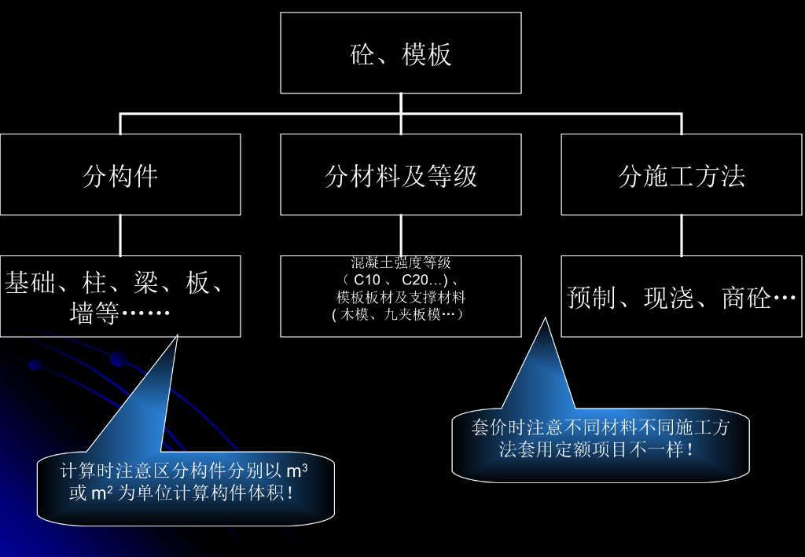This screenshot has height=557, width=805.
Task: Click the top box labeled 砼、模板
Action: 400,53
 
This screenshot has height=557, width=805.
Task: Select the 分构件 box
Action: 120,174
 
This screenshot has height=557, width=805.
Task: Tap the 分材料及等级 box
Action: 400,174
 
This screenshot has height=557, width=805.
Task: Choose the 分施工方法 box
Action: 682,174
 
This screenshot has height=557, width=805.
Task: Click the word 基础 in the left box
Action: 30,283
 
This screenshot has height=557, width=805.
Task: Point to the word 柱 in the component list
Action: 94,283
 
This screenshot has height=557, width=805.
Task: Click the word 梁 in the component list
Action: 145,283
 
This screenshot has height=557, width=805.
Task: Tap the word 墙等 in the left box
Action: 94,313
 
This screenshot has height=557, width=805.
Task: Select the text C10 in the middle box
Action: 367,280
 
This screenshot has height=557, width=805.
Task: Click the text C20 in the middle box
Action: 415,280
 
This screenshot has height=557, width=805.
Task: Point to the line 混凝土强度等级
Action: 401,262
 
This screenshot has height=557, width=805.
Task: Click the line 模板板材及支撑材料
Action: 401,298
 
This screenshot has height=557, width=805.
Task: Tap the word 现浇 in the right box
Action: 669,298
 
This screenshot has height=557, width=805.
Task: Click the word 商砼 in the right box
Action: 747,298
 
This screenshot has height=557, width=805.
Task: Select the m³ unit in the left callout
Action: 296,471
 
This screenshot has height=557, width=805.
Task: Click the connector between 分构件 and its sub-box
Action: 120,236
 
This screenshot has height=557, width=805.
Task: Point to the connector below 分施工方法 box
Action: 682,236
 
